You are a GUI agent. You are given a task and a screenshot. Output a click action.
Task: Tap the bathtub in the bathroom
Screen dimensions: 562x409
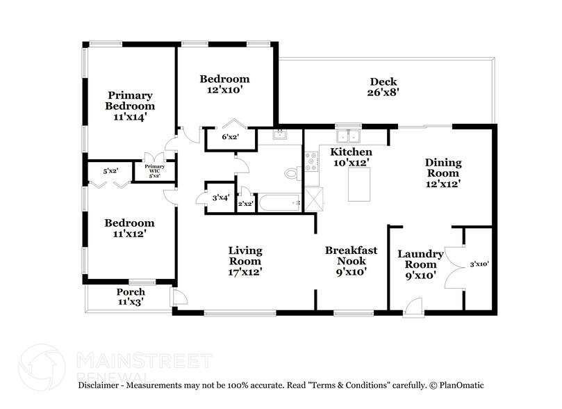[x=280, y=203]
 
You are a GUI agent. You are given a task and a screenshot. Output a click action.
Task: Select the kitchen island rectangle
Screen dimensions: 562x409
[x=358, y=184]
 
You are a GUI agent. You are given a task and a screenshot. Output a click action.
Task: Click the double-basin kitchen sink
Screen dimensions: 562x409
[x=348, y=136]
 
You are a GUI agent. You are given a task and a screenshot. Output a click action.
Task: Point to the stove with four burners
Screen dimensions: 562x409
[x=311, y=162]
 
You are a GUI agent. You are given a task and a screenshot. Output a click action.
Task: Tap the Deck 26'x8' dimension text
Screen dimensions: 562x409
[x=383, y=93]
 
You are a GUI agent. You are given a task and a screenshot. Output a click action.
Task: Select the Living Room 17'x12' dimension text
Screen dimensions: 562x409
[x=245, y=272]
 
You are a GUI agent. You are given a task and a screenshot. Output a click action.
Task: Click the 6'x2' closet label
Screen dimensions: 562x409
[x=231, y=137]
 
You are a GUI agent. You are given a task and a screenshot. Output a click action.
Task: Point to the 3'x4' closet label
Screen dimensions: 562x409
[x=221, y=198]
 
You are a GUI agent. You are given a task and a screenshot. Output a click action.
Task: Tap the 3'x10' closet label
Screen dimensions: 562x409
[x=479, y=264]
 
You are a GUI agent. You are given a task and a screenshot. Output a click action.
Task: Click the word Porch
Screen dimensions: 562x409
[x=131, y=292]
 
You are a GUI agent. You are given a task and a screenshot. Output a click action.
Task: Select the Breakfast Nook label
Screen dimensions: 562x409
[x=352, y=255]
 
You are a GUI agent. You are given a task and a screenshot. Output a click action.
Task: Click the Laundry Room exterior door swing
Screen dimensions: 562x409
[x=413, y=307]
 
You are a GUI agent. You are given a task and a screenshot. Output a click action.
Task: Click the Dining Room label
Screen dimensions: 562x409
[x=443, y=168]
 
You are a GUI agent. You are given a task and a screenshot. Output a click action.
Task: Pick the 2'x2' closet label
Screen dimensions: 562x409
[x=246, y=204]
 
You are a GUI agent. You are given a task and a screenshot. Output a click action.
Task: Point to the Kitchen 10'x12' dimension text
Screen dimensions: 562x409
[x=352, y=163]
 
